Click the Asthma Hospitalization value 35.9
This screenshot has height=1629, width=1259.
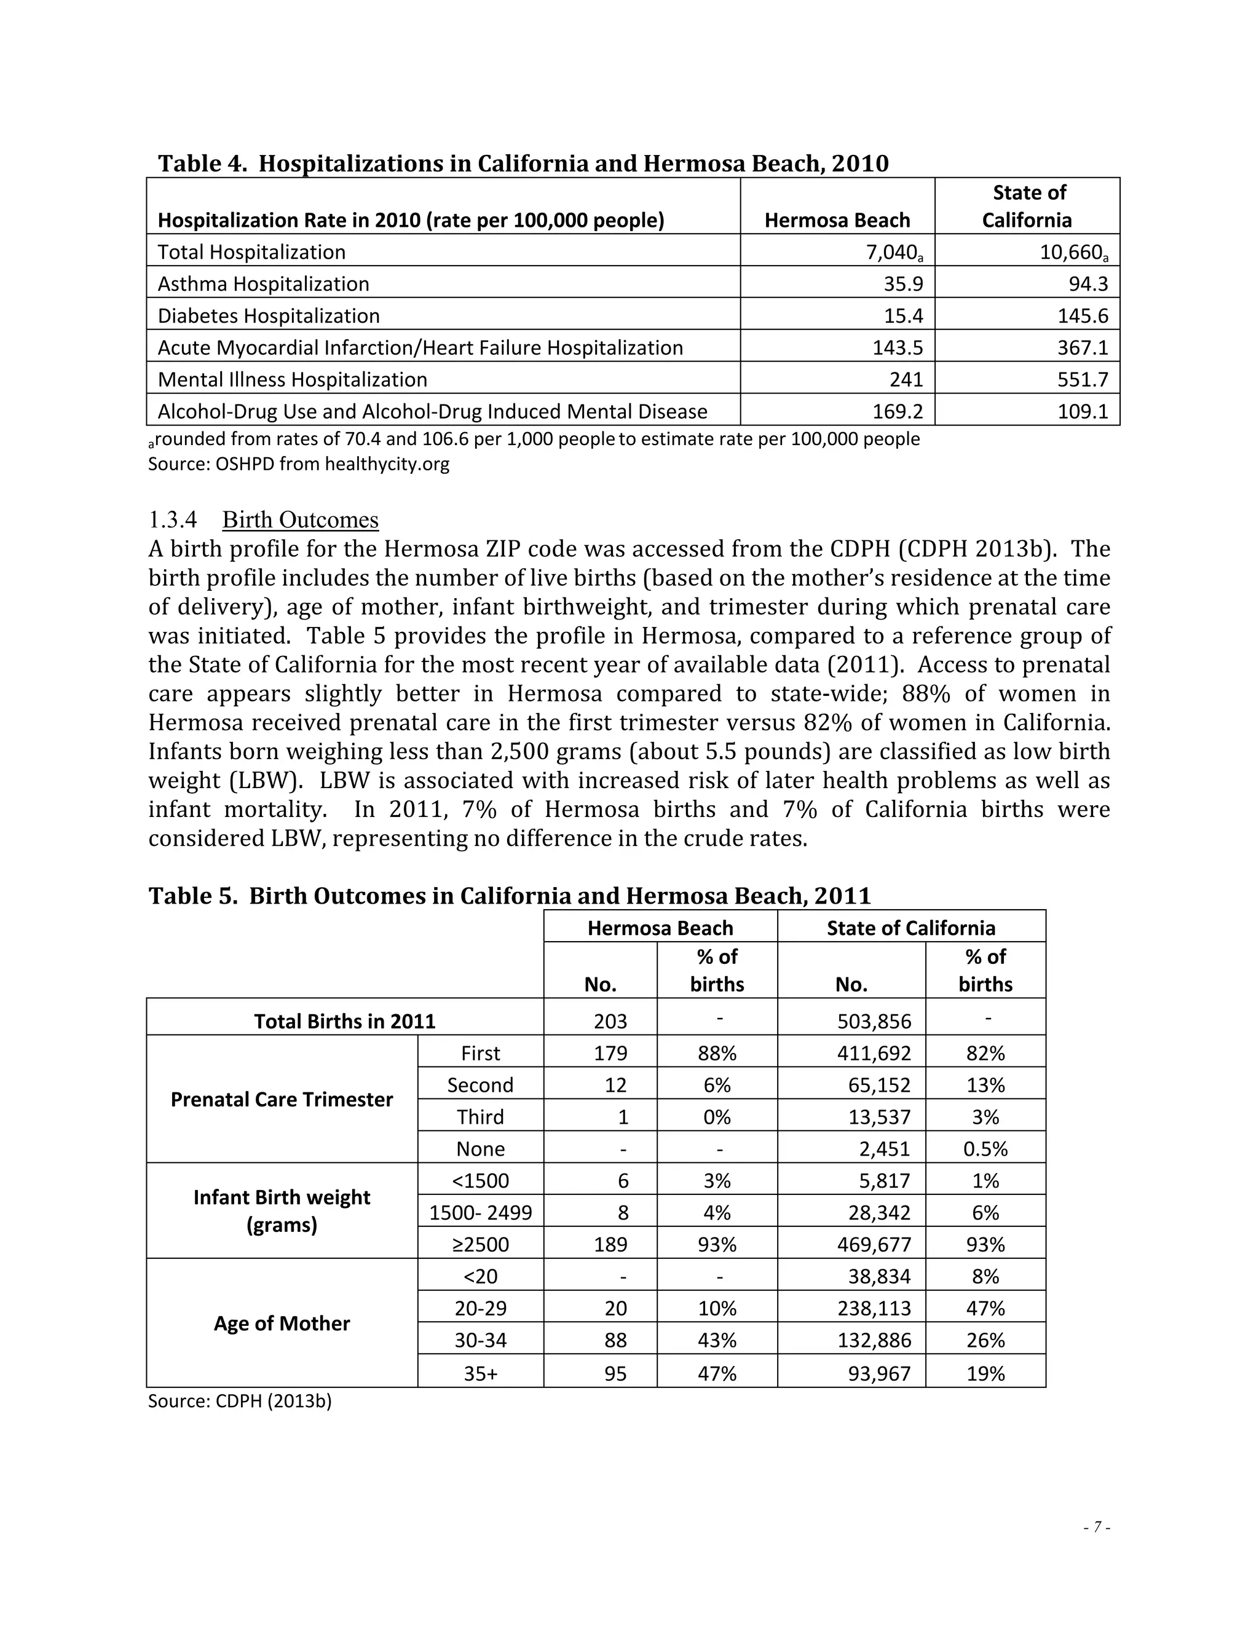point(903,284)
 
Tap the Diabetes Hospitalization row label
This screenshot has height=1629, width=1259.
point(269,316)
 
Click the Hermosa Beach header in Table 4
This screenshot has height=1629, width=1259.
point(837,220)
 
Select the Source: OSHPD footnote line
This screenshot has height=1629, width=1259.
point(298,464)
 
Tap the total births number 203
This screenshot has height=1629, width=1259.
point(610,1021)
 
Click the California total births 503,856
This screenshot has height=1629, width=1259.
point(874,1021)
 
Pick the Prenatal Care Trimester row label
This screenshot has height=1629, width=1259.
point(281,1100)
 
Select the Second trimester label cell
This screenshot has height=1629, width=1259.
point(480,1084)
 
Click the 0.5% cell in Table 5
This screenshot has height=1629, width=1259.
point(985,1149)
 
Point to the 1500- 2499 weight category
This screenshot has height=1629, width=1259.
point(480,1213)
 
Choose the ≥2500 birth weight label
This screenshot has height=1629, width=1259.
point(480,1245)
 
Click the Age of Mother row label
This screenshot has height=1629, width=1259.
point(281,1323)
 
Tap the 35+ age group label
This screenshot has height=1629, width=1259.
point(480,1373)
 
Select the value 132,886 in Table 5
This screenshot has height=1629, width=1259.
point(874,1340)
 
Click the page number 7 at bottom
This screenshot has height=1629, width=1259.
point(1097,1527)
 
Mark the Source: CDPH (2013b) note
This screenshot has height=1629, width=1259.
point(239,1401)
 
